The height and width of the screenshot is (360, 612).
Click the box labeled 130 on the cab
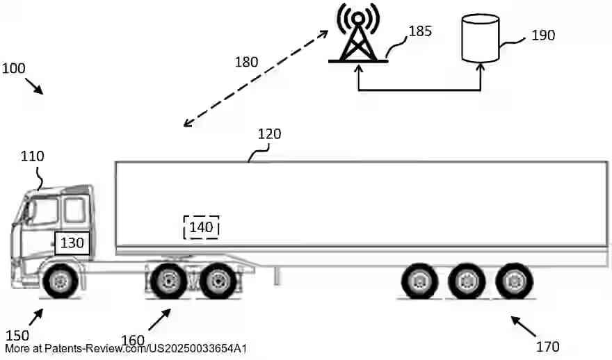[x=72, y=243]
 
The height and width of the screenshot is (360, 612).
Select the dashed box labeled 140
[x=201, y=227]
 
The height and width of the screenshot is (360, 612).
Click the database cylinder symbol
[x=481, y=39]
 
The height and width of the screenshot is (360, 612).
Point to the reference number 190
[x=542, y=35]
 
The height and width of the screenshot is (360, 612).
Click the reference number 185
[x=420, y=31]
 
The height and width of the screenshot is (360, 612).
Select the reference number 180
[x=245, y=62]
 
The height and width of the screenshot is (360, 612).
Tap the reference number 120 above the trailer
[x=269, y=134]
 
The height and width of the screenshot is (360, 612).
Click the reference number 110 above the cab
[x=32, y=156]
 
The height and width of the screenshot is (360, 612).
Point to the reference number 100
[x=13, y=69]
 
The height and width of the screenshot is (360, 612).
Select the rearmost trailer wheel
[x=513, y=281]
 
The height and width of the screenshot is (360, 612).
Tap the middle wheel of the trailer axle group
[x=466, y=281]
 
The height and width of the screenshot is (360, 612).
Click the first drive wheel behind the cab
[x=168, y=281]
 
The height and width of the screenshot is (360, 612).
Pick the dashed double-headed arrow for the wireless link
[x=257, y=79]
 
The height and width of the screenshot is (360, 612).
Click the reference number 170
[x=547, y=345]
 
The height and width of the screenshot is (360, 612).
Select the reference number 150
[x=17, y=335]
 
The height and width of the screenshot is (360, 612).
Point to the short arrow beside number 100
[x=34, y=87]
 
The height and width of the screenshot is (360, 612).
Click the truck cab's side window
[x=74, y=208]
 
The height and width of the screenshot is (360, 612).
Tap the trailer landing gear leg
[x=277, y=275]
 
